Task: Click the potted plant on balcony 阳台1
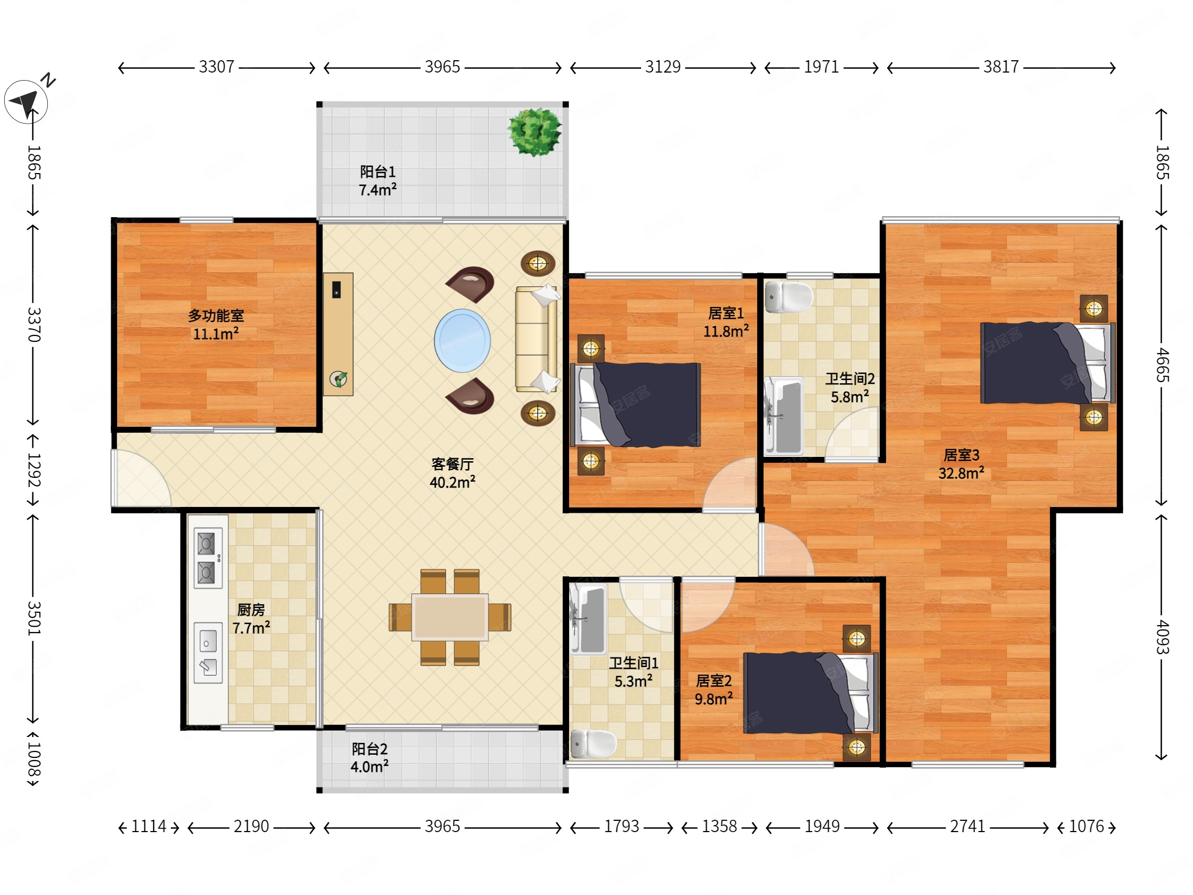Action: [x=535, y=132]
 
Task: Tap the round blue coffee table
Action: [x=462, y=340]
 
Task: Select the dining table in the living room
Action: [x=450, y=617]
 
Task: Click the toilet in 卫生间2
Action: [x=789, y=297]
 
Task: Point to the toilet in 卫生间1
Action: [x=593, y=743]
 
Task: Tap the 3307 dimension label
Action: [x=216, y=67]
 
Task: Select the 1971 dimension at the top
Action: [x=822, y=67]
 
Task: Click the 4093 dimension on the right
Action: [x=1162, y=637]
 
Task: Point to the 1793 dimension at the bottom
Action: [x=621, y=826]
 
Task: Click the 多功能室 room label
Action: [x=215, y=316]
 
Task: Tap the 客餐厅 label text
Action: [x=452, y=464]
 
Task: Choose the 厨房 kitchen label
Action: [x=251, y=610]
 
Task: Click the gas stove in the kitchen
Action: [x=208, y=558]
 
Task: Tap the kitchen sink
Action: [x=208, y=653]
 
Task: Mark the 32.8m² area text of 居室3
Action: [x=961, y=473]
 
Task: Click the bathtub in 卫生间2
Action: [x=784, y=416]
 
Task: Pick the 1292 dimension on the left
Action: [x=33, y=470]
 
